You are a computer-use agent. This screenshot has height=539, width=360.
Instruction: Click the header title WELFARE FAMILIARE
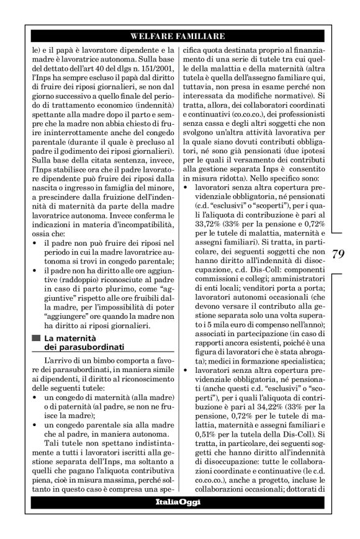179,37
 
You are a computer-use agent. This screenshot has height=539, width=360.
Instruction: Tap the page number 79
338,253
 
